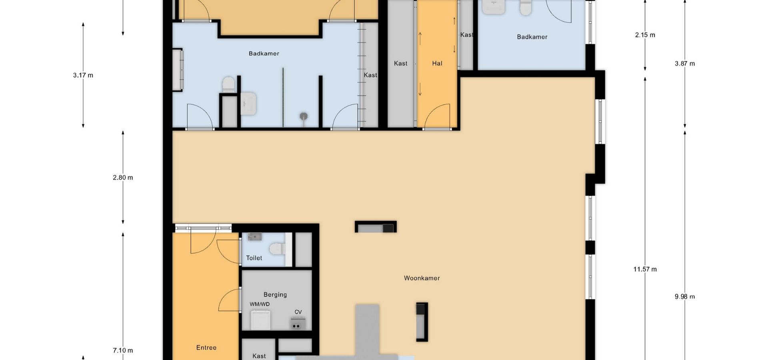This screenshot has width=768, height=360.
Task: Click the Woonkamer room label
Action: [x=422, y=278]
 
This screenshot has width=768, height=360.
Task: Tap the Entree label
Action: [x=206, y=348]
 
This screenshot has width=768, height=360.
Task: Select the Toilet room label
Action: [x=254, y=258]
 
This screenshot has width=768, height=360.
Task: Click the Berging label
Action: [x=275, y=295]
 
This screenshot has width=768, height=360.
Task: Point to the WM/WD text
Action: [x=260, y=304]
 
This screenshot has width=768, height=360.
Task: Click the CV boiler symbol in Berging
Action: [x=298, y=323]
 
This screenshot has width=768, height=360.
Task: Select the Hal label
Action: [x=437, y=63]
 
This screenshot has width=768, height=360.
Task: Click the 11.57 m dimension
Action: [x=645, y=269]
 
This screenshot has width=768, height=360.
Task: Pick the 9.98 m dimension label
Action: [x=684, y=296]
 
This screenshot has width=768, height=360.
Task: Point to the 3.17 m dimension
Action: [x=83, y=75]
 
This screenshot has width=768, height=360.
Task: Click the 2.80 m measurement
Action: [x=123, y=178]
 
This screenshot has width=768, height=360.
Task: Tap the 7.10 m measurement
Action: [x=123, y=350]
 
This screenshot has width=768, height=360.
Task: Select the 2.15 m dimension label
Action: [x=645, y=35]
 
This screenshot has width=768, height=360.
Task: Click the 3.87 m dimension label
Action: [x=684, y=64]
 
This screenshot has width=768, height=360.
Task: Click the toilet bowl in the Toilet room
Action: [x=276, y=249]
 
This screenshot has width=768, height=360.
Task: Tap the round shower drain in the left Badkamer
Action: [x=304, y=116]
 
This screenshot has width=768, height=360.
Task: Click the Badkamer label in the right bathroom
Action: [x=532, y=37]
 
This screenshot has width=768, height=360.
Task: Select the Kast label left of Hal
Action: [x=400, y=63]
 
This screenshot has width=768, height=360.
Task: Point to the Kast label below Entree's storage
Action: [x=259, y=356]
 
